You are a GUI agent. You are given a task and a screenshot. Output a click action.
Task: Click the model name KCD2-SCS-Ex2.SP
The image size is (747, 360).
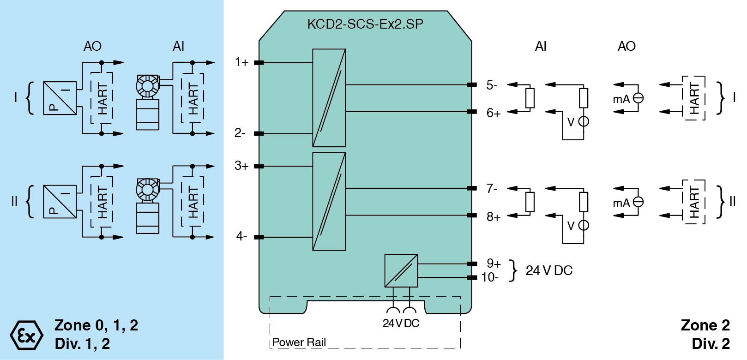click(365, 24)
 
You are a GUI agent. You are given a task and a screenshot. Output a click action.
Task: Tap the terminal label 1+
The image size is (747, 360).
click(241, 62)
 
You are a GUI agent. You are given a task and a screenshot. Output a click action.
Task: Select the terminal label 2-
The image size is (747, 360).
click(240, 133)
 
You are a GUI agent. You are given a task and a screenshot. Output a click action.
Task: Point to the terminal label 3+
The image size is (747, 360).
click(241, 165)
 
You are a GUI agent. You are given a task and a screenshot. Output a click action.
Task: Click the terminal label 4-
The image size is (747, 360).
click(241, 236)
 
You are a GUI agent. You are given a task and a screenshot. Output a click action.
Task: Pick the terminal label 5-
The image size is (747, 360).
click(492, 85)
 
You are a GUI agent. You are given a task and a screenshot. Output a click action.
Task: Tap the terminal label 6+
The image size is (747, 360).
click(494, 113)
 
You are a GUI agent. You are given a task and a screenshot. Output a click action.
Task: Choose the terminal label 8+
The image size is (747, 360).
click(494, 216)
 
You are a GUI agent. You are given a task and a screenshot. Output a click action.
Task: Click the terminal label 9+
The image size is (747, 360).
click(494, 263)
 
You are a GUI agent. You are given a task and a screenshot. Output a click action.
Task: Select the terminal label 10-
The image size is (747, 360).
click(490, 277)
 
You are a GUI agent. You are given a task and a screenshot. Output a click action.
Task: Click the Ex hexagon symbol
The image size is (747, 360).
click(26, 335)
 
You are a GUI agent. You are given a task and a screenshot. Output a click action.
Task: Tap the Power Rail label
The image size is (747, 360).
click(299, 342)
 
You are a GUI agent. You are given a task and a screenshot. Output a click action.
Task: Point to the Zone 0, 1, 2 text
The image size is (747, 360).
click(96, 325)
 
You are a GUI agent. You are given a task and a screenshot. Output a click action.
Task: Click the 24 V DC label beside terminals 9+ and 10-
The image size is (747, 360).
click(549, 270)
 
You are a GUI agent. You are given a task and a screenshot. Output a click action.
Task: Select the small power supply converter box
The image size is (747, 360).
click(401, 270)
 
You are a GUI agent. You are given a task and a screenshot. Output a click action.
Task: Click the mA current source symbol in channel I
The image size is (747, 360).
click(638, 98)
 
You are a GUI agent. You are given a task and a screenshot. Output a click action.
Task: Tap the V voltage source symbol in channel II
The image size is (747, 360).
click(584, 225)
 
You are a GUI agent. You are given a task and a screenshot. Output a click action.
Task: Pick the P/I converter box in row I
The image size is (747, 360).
click(60, 98)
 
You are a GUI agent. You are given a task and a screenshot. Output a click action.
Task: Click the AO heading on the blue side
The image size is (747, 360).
click(92, 46)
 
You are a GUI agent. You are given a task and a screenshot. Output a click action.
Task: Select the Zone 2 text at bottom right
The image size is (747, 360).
click(705, 325)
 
